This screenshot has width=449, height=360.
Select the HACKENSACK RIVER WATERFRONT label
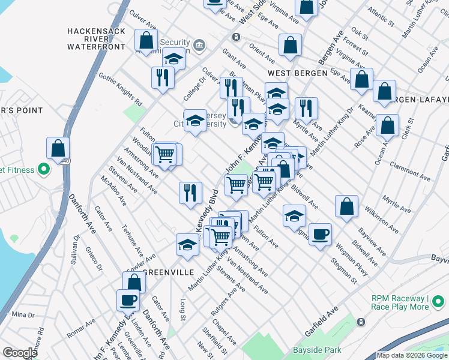pyautogui.click(x=100, y=38)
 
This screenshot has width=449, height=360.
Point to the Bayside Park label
pyautogui.click(x=317, y=350)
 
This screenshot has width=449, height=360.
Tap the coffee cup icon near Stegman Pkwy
pyautogui.click(x=321, y=233)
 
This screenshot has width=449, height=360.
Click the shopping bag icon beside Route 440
pyautogui.click(x=58, y=148)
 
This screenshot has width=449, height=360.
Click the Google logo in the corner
pyautogui.click(x=20, y=353)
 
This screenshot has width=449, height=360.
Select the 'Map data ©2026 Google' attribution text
pyautogui.click(x=412, y=355)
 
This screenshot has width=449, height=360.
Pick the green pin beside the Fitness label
pyautogui.click(x=43, y=170)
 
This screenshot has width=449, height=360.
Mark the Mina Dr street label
pyautogui.click(x=23, y=314)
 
